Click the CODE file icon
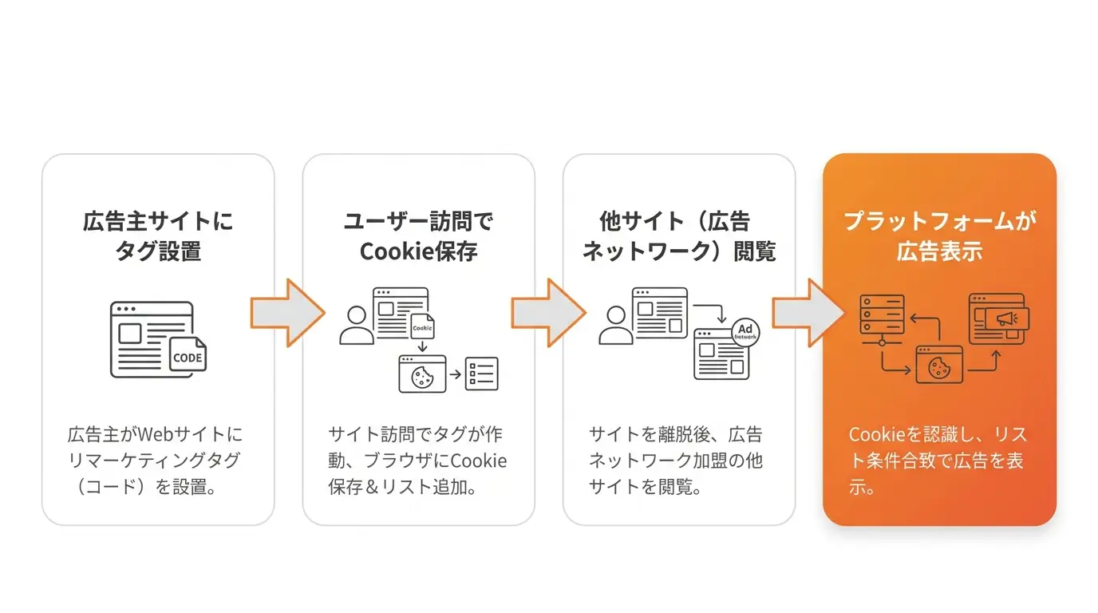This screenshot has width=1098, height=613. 188,355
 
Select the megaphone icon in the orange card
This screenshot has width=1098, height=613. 1007,318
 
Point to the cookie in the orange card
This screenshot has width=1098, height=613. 938,368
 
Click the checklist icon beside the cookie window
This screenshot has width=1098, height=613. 482,374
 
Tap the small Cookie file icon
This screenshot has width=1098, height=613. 422,326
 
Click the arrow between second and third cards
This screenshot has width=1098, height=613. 548,313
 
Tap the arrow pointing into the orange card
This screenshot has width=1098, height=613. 809,313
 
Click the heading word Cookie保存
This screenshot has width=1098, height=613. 419,251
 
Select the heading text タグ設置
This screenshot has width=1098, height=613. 158,251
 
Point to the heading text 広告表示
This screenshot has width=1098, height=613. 940,251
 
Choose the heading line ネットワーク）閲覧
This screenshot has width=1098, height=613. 679,251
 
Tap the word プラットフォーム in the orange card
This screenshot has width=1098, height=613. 930,221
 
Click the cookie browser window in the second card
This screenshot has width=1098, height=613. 423,374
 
